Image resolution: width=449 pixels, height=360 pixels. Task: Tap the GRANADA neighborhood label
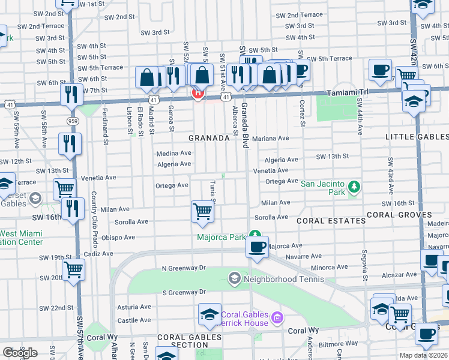click(x=209, y=138)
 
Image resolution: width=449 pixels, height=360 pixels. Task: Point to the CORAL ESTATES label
click(x=332, y=221)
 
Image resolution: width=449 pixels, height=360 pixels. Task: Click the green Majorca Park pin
click(x=255, y=235)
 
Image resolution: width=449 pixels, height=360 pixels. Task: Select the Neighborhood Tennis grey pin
click(x=234, y=278)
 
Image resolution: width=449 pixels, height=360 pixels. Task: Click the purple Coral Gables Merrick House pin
click(x=276, y=317)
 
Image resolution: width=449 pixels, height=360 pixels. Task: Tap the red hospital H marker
click(x=197, y=94)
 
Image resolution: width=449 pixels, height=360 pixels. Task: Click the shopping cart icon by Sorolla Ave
click(x=203, y=212)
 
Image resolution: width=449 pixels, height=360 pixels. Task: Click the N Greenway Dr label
click(x=183, y=268)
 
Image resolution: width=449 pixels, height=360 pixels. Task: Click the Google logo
click(x=20, y=352)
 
